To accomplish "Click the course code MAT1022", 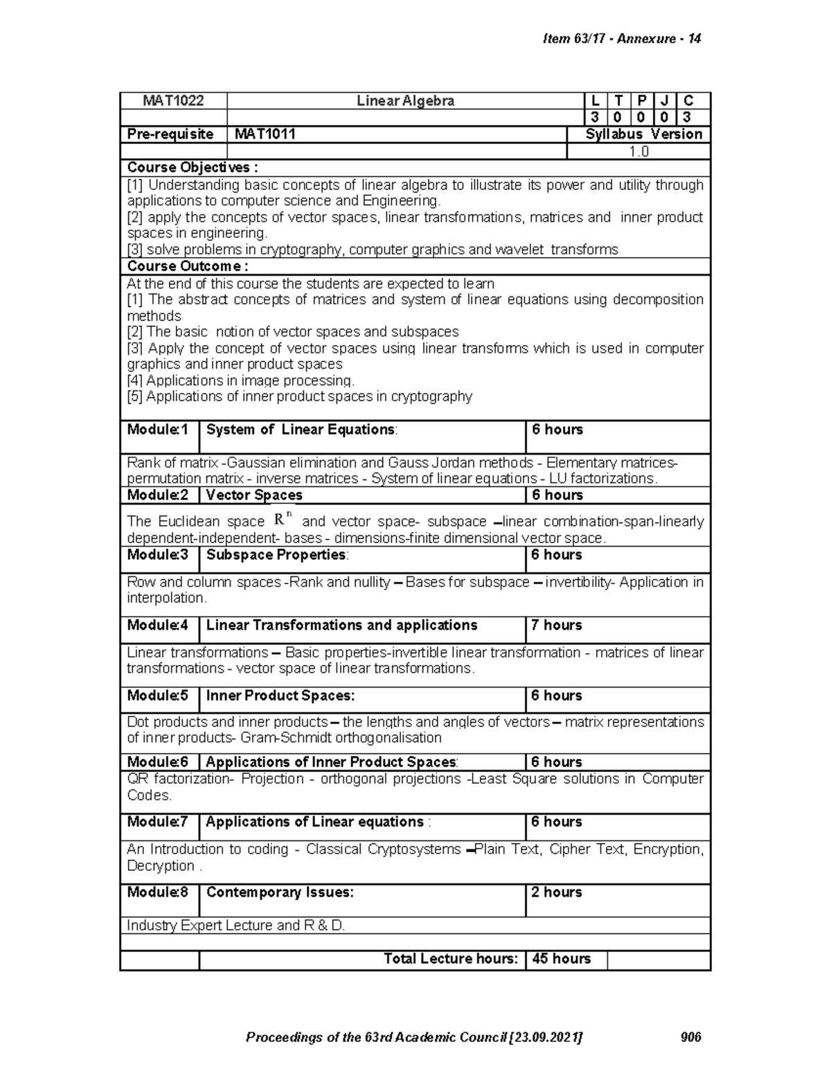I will point(173,101).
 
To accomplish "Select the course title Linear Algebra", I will point(405,101).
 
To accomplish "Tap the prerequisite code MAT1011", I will point(265,134).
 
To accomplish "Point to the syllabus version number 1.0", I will point(638,152).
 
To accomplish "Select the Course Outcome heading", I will point(188,267).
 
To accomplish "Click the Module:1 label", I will point(158,430).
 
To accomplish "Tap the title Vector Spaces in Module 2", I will point(254,495).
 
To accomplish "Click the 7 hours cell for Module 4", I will point(557,626).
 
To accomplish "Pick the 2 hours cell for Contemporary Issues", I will point(557,892).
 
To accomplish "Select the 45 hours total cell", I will point(561,959).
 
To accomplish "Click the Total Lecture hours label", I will point(451,959).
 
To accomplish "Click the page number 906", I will point(691,1037).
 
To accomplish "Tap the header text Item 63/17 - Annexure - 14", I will point(622,39).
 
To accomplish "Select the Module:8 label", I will point(158,892).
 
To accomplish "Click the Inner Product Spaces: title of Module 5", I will point(280,696).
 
